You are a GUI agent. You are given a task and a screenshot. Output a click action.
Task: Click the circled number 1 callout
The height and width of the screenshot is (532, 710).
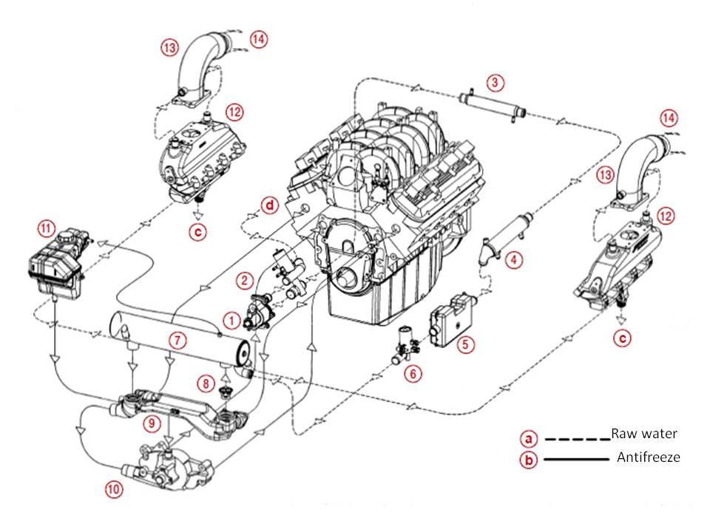click(x=231, y=321)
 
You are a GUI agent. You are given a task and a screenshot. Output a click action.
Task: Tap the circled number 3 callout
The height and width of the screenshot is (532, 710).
click(x=495, y=83)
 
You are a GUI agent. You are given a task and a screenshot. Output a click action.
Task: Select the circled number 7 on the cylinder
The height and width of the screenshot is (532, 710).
click(x=177, y=340)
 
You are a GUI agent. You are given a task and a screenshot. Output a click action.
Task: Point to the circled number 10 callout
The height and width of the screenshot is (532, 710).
click(x=114, y=489)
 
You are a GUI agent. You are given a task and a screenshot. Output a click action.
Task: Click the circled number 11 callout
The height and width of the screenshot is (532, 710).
click(x=46, y=228)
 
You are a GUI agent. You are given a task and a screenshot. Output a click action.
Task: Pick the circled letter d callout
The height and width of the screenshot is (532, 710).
click(x=271, y=206)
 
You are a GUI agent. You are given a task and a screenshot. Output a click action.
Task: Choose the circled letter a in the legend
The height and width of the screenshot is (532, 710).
click(x=528, y=438)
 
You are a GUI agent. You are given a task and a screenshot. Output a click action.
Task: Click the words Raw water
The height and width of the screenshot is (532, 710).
click(x=644, y=434)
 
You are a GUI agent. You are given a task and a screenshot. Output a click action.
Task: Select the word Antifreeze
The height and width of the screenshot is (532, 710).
click(x=649, y=457)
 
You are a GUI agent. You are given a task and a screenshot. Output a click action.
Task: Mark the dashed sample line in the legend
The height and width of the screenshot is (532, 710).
click(x=577, y=439)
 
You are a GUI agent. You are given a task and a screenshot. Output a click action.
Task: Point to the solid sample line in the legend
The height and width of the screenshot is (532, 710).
click(x=576, y=460)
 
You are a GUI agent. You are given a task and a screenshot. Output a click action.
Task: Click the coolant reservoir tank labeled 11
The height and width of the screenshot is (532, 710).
click(x=57, y=265)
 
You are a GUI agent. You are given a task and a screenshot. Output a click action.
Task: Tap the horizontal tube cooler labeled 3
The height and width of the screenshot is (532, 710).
click(x=493, y=105)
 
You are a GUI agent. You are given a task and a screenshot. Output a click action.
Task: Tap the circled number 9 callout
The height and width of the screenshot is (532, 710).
click(x=151, y=423)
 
